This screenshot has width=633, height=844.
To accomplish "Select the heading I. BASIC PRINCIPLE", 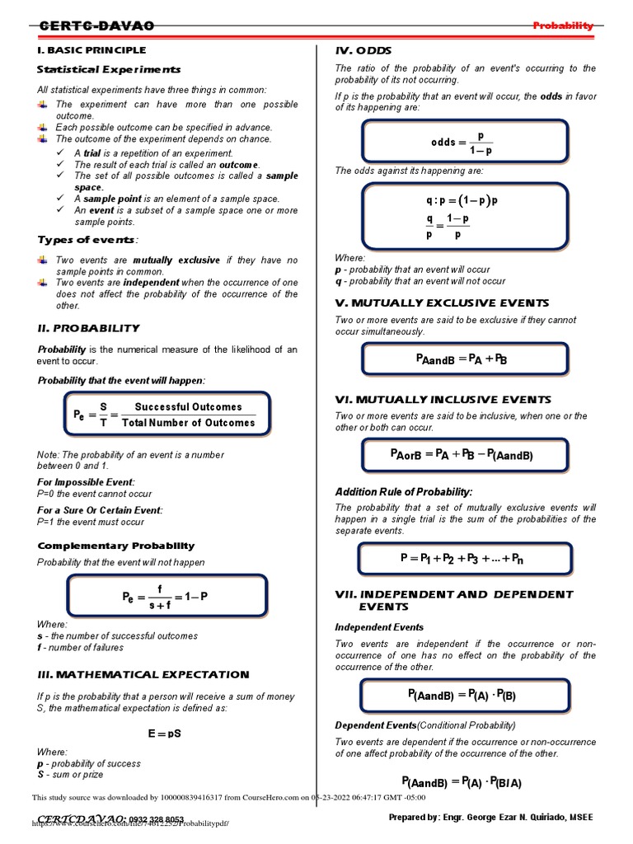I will click(x=91, y=50).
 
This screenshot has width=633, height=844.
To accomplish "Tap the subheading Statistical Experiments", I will click(x=109, y=69).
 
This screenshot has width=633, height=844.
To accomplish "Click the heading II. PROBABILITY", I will click(x=89, y=328).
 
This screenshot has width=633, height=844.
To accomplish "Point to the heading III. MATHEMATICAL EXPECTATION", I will click(x=143, y=674).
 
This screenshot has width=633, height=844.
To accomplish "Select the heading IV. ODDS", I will click(x=363, y=50).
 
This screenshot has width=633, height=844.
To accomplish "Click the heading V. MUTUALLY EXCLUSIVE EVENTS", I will click(x=442, y=302).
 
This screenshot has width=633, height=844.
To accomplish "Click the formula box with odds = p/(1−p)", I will click(x=463, y=142).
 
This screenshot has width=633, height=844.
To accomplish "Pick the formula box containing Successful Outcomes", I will click(x=166, y=415).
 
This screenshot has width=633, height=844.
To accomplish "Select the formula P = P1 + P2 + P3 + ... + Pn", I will click(x=462, y=559).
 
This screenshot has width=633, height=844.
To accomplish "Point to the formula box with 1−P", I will click(x=166, y=597).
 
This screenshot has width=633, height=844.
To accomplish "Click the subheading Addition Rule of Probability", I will click(x=404, y=491).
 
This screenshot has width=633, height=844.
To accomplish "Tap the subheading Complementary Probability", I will click(x=116, y=546).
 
